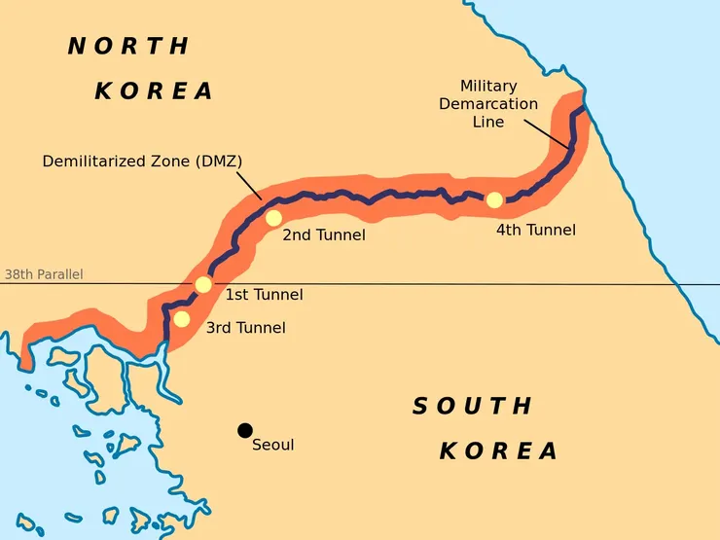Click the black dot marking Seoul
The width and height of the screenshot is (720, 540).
(x=244, y=430)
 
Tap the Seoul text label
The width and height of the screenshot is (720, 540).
(x=272, y=445)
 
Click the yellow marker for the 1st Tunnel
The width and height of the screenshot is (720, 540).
(x=203, y=284)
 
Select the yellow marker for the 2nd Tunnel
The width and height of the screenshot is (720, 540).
(x=273, y=218)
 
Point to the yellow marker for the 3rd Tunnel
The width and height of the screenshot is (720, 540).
(x=182, y=318)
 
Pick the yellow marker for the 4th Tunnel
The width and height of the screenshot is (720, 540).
(x=494, y=199)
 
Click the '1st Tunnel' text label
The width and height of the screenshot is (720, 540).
(x=264, y=295)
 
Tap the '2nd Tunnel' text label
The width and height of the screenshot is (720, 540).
(x=324, y=234)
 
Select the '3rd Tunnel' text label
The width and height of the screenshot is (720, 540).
(x=245, y=328)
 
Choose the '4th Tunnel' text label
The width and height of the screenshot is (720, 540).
(x=535, y=231)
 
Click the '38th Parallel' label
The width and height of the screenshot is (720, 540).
(x=44, y=274)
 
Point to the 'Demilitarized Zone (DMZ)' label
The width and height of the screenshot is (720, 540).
(x=142, y=161)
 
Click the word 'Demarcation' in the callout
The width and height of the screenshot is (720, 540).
(x=487, y=104)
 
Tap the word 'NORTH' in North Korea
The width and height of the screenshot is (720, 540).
(x=128, y=46)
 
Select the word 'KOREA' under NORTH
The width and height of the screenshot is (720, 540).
(x=154, y=91)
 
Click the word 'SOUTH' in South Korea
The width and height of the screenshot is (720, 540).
(x=473, y=406)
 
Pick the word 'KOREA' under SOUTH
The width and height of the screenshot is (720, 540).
(x=499, y=451)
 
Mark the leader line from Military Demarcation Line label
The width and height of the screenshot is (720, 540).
(x=549, y=136)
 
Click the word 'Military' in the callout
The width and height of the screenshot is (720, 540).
(x=487, y=86)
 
